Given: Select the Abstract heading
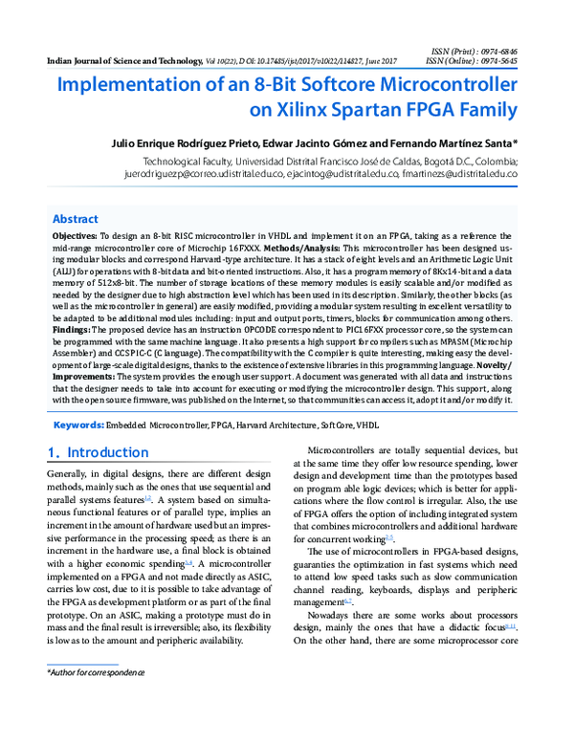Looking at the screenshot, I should click(x=75, y=218).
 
